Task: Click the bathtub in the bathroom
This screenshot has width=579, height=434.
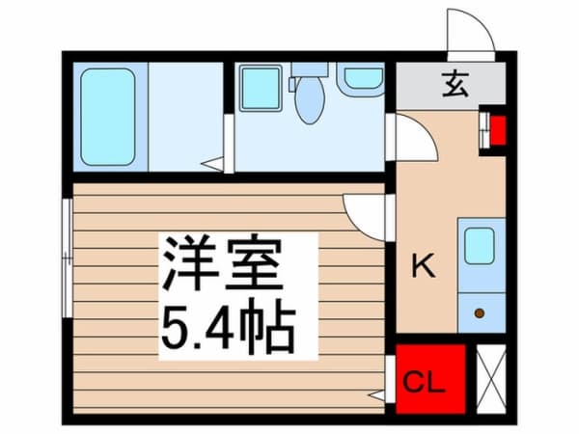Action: click(107, 116)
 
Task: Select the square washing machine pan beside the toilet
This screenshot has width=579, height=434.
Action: click(260, 88)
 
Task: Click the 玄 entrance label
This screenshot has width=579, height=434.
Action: click(455, 85)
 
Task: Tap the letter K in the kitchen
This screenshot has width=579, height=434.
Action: click(422, 265)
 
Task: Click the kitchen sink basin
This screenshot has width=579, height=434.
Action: click(480, 246)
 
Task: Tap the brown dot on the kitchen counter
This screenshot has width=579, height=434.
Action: click(479, 312)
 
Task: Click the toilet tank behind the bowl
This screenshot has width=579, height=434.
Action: click(310, 69)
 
